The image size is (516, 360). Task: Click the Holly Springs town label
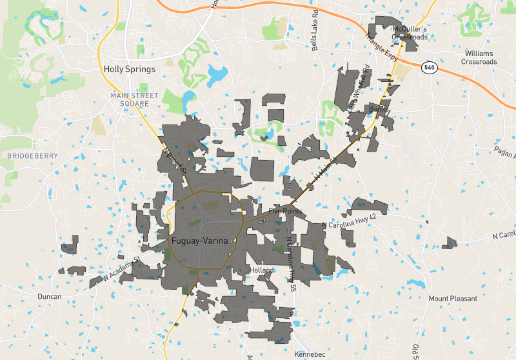click(x=130, y=69)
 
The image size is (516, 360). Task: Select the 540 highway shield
click(x=428, y=66)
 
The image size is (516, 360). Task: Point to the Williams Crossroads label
click(x=479, y=57)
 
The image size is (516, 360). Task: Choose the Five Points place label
click(x=284, y=212)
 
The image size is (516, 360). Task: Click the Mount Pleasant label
click(x=453, y=299)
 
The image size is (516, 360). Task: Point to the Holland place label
click(x=263, y=270)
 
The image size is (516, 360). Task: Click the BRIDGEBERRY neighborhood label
click(x=32, y=156)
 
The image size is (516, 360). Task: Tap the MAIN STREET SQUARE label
click(x=134, y=99)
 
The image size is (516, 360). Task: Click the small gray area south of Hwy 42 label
click(x=449, y=243)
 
